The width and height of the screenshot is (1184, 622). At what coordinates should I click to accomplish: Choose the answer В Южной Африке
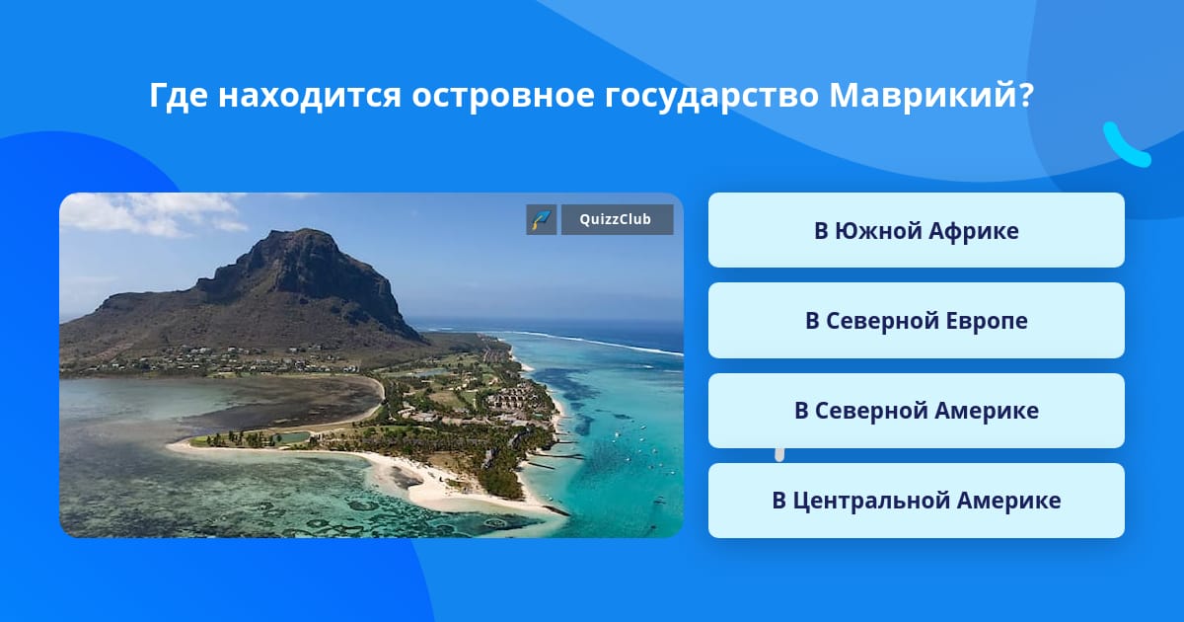[x=916, y=230]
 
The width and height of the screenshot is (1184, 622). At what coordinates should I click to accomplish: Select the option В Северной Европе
[x=916, y=321]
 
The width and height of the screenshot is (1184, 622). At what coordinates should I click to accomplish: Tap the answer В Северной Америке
[x=916, y=411]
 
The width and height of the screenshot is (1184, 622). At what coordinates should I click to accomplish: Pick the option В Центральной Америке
[x=916, y=501]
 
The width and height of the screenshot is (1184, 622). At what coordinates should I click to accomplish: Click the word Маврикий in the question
[x=923, y=95]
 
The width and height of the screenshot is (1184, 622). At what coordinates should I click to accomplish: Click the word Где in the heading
[x=179, y=97]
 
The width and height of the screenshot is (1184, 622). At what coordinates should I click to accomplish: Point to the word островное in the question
[x=502, y=97]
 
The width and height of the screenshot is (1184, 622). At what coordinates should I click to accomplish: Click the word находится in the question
[x=310, y=97]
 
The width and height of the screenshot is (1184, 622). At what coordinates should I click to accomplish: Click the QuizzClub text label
[x=616, y=219]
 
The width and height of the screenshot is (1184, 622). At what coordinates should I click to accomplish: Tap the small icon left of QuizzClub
[x=542, y=219]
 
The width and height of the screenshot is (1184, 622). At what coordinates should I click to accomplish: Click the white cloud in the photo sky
[x=153, y=213]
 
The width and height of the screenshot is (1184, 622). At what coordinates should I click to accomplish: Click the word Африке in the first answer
[x=973, y=231]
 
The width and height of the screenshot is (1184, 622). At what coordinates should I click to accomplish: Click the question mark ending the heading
[x=1026, y=95]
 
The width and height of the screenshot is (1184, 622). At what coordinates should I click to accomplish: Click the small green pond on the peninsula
[x=291, y=437]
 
